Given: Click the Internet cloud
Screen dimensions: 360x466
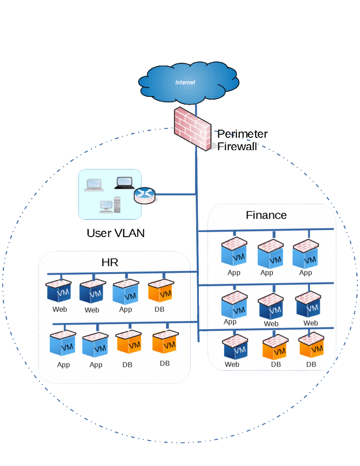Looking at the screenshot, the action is pyautogui.click(x=188, y=83).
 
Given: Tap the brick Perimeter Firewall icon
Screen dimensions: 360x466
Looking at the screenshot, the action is pyautogui.click(x=193, y=129).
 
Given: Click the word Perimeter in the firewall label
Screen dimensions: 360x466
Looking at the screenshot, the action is pyautogui.click(x=242, y=134).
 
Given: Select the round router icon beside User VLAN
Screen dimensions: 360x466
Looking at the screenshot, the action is pyautogui.click(x=144, y=196).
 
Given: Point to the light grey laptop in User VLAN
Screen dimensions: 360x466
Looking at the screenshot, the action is pyautogui.click(x=94, y=185).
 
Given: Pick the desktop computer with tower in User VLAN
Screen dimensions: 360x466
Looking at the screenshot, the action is pyautogui.click(x=110, y=205).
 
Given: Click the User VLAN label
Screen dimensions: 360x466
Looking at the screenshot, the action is pyautogui.click(x=116, y=233).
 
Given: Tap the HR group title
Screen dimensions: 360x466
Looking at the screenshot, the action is pyautogui.click(x=110, y=263).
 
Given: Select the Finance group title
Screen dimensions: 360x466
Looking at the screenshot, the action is pyautogui.click(x=266, y=215).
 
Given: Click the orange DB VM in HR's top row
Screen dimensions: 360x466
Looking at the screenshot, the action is pyautogui.click(x=161, y=290).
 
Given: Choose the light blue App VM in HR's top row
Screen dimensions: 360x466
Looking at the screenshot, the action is pyautogui.click(x=126, y=292).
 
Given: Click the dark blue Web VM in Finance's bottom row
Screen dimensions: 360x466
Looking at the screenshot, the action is pyautogui.click(x=235, y=347).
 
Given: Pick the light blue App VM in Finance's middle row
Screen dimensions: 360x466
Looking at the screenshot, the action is pyautogui.click(x=234, y=305).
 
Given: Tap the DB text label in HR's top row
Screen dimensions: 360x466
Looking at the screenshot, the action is pyautogui.click(x=159, y=309).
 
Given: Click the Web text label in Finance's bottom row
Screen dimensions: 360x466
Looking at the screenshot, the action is pyautogui.click(x=232, y=365).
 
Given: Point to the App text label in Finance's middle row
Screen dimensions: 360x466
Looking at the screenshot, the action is pyautogui.click(x=230, y=322).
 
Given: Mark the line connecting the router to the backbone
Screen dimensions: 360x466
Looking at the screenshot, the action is pyautogui.click(x=175, y=195).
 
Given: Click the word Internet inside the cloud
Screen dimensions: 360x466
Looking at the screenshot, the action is pyautogui.click(x=185, y=82).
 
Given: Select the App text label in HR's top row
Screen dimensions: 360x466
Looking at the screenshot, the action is pyautogui.click(x=126, y=309).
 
